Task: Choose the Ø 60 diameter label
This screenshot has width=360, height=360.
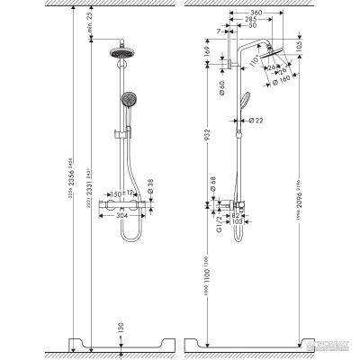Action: coord(222,87)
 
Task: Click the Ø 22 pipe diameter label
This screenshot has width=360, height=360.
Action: coord(255,121)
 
